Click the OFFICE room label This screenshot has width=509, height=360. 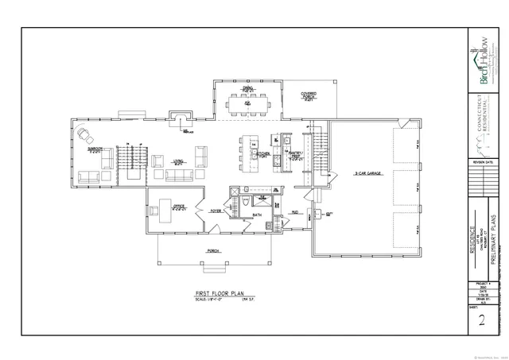pyautogui.click(x=179, y=207)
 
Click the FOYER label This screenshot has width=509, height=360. pyautogui.click(x=215, y=211)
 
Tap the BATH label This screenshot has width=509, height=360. pyautogui.click(x=257, y=215)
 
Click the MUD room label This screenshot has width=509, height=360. pyautogui.click(x=294, y=212)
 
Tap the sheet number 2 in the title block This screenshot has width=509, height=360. pyautogui.click(x=481, y=322)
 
